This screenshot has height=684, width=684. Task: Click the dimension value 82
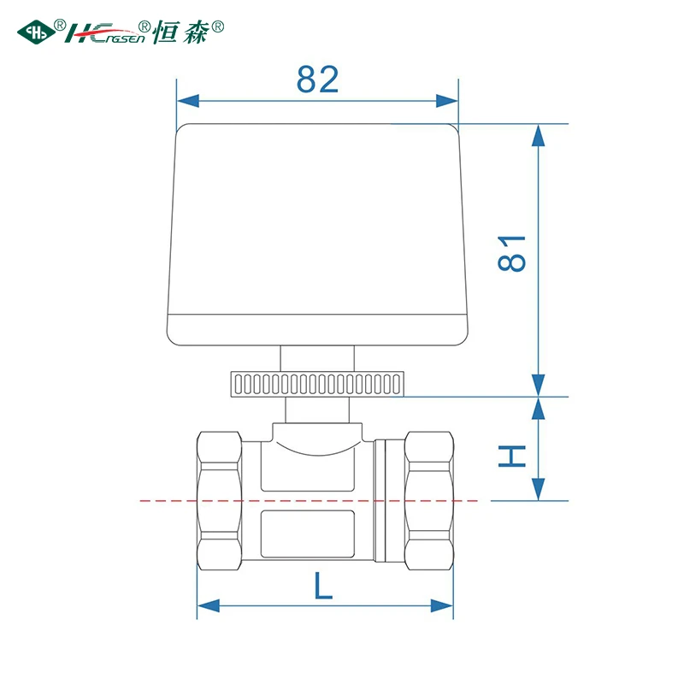[x=317, y=80]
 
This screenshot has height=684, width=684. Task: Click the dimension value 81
[x=511, y=253]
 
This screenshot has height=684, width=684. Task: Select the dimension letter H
[x=511, y=457]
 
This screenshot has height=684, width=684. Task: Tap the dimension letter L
[x=323, y=585]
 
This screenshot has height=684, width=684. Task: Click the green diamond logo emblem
[x=36, y=32]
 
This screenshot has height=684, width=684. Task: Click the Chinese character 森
[x=196, y=32]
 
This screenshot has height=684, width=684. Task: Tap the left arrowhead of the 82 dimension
[x=188, y=101]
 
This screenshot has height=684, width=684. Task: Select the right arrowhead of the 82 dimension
[x=447, y=101]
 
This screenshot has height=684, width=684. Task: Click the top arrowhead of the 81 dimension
[x=539, y=135]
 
